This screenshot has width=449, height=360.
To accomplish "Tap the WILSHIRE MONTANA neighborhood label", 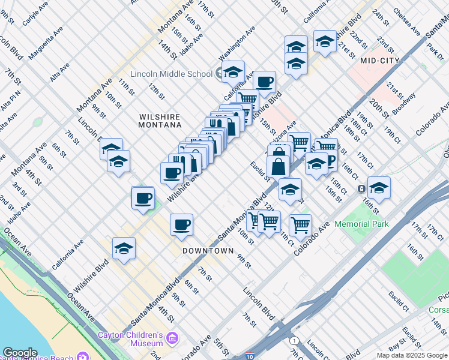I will [x=160, y=121].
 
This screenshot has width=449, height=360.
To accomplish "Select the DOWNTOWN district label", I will [x=208, y=250].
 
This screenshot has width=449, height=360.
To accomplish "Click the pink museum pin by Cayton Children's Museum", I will [x=173, y=339].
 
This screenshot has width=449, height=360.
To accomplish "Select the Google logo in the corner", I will [x=19, y=353].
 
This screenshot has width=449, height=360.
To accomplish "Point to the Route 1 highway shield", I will [x=294, y=341].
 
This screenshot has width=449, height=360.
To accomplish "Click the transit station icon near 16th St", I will [x=362, y=189].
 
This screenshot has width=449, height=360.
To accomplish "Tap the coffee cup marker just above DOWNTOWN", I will [x=181, y=226].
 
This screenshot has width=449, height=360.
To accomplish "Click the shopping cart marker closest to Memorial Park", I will [x=300, y=226].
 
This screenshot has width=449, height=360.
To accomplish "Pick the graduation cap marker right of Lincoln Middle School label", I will [x=233, y=73].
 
